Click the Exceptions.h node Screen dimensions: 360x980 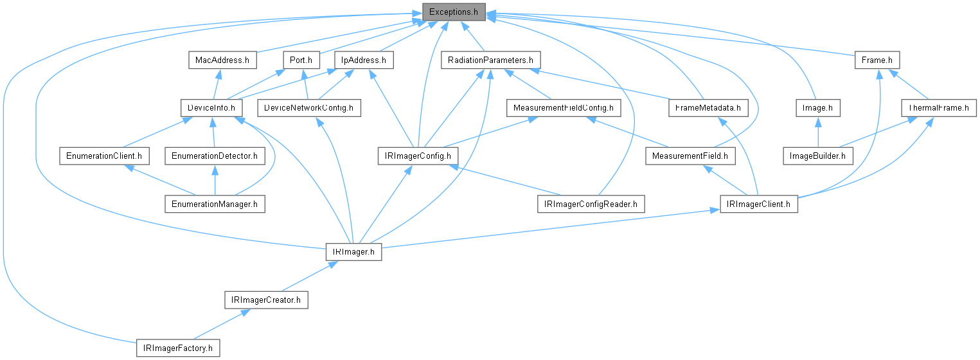point(453,12)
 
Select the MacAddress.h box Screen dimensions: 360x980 point(222,60)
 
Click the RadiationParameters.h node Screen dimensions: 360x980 point(490,60)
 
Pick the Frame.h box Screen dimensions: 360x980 point(877,60)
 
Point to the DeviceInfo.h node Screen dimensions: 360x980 point(211,108)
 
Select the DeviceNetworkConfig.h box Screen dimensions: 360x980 point(308,108)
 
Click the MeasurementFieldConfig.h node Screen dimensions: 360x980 point(563,108)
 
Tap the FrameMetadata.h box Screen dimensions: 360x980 point(708,108)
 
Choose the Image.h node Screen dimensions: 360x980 point(817,108)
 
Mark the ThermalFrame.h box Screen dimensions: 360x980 point(938,108)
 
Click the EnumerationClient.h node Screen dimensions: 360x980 point(104,156)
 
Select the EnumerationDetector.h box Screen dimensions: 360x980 point(214,156)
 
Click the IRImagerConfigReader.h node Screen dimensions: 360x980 point(591,204)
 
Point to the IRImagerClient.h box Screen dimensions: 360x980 point(758,204)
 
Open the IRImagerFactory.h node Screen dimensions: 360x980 point(178,348)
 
